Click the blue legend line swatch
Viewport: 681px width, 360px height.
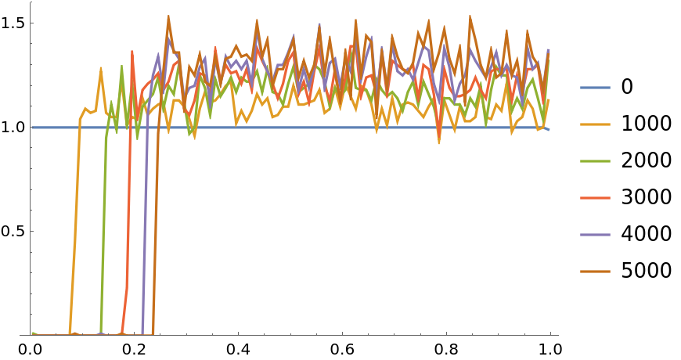(x=595, y=88)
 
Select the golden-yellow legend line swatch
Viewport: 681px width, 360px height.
(x=595, y=124)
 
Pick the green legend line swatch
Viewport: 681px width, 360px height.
(x=595, y=161)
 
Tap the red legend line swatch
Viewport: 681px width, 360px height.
(x=595, y=198)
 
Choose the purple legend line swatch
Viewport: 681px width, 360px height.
(x=595, y=235)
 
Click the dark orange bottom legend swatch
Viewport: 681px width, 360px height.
(x=595, y=272)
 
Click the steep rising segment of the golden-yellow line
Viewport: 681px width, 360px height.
(x=75, y=227)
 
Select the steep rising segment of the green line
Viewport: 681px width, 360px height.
(x=103, y=235)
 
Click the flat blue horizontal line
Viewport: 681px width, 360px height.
(x=313, y=127)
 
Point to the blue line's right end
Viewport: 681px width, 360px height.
(x=549, y=129)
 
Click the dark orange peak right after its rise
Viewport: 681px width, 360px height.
(x=168, y=16)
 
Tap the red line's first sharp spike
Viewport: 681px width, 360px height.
(x=132, y=51)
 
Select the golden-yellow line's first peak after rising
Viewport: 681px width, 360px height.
(x=101, y=68)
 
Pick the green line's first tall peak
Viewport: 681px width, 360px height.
(x=121, y=67)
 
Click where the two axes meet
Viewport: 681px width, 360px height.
(x=31, y=335)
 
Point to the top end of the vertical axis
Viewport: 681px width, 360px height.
(x=31, y=2)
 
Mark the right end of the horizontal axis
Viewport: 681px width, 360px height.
(x=557, y=335)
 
